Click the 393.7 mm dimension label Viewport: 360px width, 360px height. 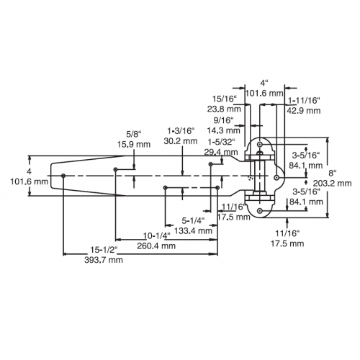(x=104, y=260)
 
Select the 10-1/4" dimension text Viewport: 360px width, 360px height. (x=157, y=235)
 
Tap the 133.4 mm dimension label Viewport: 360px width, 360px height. (x=193, y=231)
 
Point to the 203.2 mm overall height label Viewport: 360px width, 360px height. (x=332, y=184)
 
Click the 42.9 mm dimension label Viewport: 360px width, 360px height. (x=304, y=110)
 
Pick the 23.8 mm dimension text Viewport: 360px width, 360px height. (x=224, y=109)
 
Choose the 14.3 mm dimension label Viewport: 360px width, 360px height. (x=223, y=130)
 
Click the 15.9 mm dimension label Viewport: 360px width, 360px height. (x=134, y=144)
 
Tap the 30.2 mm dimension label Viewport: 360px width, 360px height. (x=181, y=141)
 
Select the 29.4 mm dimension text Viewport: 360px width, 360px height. (x=221, y=152)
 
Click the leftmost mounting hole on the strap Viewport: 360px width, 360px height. (x=63, y=176)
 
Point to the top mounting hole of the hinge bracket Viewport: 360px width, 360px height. (x=260, y=145)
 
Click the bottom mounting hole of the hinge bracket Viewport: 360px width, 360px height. (x=260, y=211)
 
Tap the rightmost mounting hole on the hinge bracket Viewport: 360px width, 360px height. (x=276, y=178)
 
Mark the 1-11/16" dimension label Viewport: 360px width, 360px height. (x=304, y=100)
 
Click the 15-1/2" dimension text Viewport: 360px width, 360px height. (x=104, y=250)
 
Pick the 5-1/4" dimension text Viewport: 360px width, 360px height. (x=193, y=220)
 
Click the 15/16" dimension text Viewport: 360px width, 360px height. (x=225, y=99)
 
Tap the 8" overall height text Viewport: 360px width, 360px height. (x=333, y=173)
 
